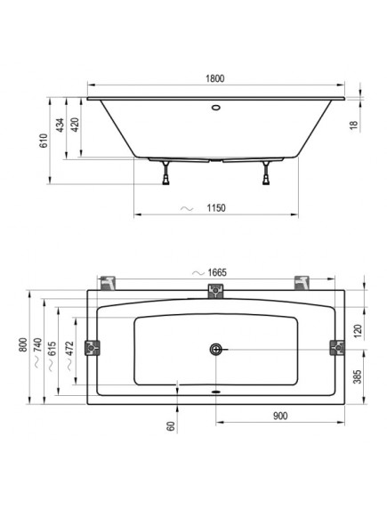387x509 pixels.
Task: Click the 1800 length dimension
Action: click(215, 78)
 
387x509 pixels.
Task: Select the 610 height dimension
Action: click(44, 141)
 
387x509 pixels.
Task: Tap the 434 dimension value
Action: click(60, 125)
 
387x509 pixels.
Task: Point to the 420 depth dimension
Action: click(75, 125)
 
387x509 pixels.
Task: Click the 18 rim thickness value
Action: click(354, 125)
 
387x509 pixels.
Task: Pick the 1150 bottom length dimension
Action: click(216, 207)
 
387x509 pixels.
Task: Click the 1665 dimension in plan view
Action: click(217, 272)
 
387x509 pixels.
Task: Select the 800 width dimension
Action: click(23, 345)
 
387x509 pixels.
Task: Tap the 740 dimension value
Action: click(37, 345)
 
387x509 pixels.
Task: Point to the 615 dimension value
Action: click(52, 349)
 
